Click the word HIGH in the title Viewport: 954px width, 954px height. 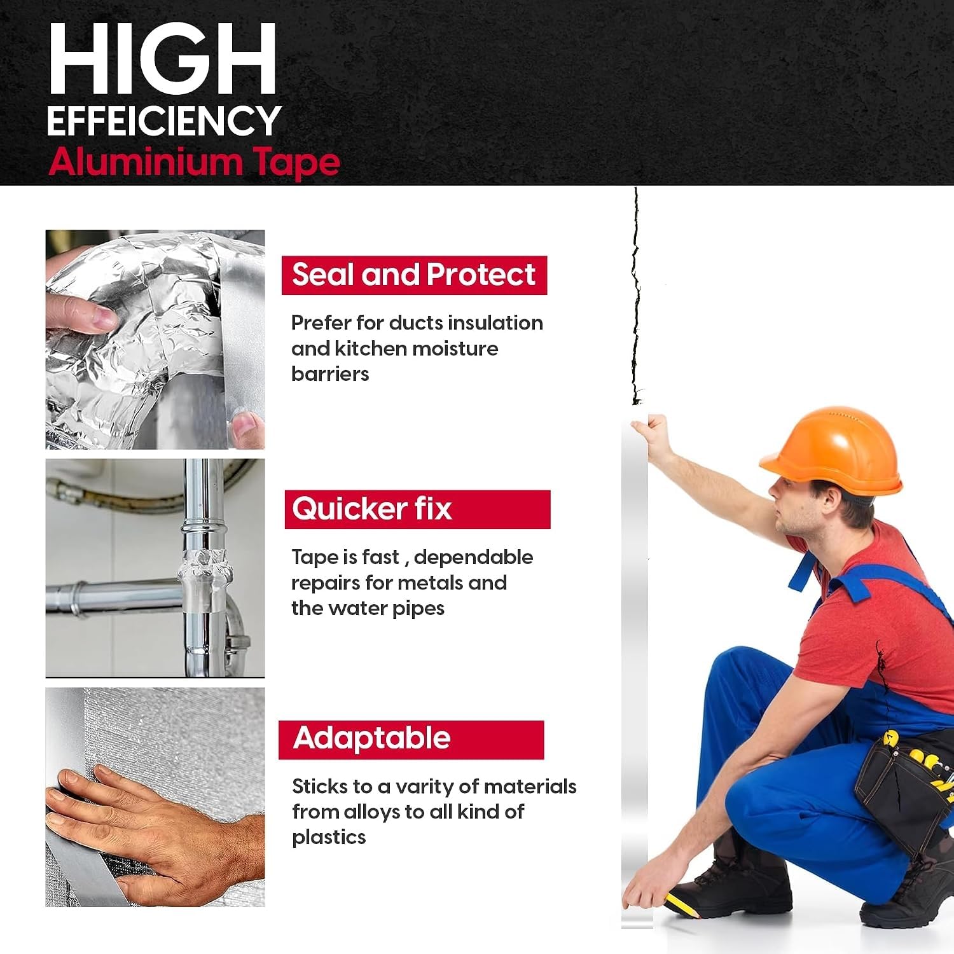(x=162, y=59)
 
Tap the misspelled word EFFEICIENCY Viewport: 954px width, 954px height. (x=163, y=120)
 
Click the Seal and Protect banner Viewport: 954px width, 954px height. (x=414, y=275)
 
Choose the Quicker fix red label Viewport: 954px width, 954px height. (x=417, y=509)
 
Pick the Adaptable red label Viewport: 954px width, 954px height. (x=411, y=740)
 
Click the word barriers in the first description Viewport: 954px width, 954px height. (x=330, y=374)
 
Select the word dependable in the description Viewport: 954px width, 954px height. (x=473, y=557)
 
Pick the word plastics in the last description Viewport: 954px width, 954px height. (x=329, y=838)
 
